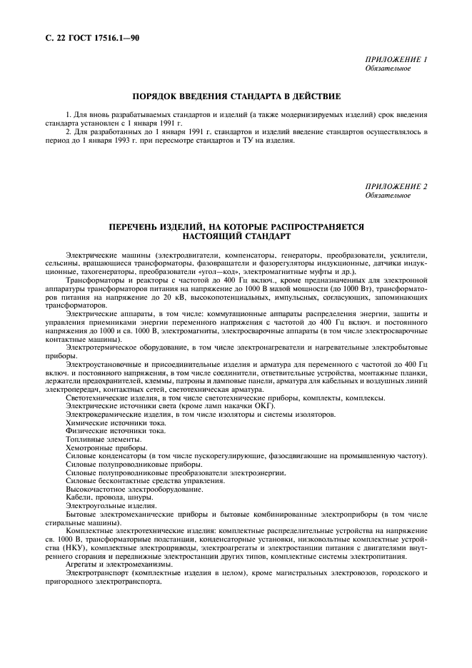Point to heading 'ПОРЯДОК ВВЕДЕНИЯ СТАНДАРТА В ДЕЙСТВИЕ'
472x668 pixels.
pos(236,95)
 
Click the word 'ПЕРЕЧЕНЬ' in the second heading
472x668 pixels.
pos(134,226)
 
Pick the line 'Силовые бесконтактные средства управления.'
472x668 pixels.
pos(146,481)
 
